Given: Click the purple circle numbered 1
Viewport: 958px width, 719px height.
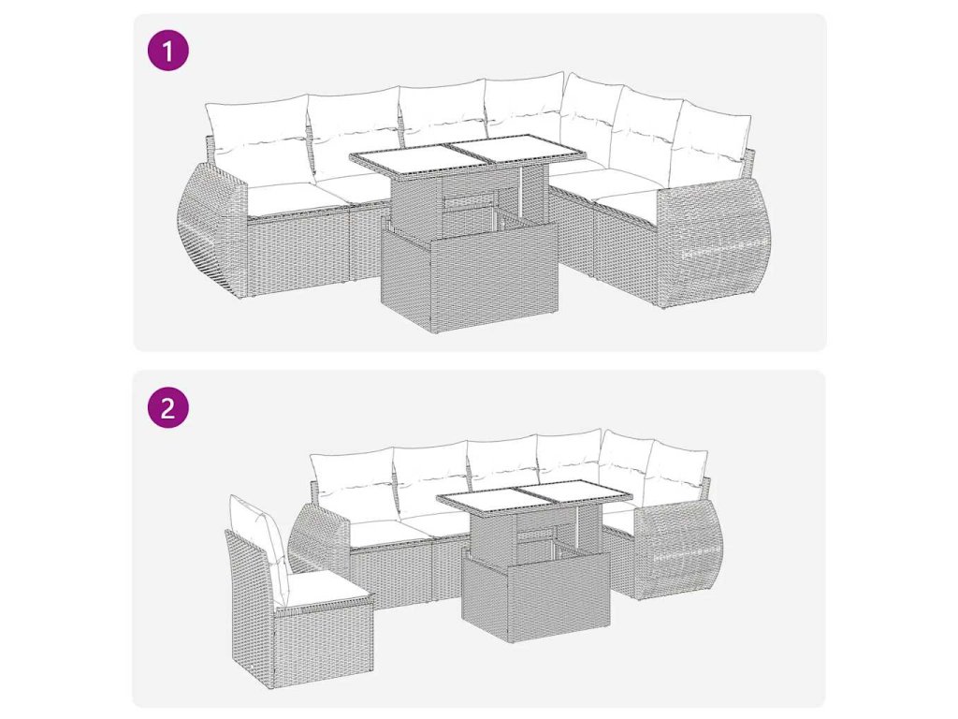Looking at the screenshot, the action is (168, 51).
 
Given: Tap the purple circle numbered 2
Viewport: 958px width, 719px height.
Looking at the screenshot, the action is (168, 407).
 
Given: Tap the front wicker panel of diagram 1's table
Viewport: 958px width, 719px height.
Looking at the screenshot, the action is (469, 277).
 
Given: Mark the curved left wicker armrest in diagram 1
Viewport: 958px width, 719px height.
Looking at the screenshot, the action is (210, 232).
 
